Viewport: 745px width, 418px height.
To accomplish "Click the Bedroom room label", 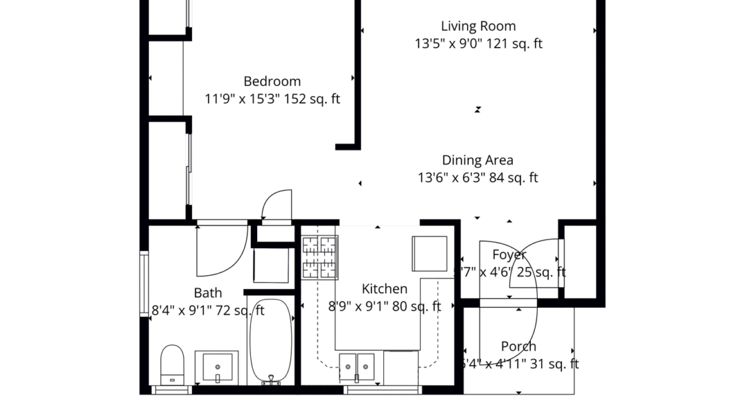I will click(x=272, y=82).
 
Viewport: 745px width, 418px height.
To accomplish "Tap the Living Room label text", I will click(x=478, y=27).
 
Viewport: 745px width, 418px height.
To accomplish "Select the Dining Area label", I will click(x=477, y=160).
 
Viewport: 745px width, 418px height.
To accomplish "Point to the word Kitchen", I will click(x=385, y=289).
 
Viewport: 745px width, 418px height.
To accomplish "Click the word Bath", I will click(x=207, y=293).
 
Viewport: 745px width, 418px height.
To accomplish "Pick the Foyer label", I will click(x=509, y=255).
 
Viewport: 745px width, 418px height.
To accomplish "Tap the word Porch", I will click(x=518, y=347).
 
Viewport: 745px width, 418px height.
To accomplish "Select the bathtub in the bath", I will click(x=270, y=342).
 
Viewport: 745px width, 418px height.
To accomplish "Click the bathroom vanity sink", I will click(x=216, y=367).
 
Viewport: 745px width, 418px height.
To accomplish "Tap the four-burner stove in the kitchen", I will click(x=319, y=257).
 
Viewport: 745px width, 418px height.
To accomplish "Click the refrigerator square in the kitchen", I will click(x=430, y=254).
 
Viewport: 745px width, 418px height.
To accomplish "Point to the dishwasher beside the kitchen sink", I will click(x=401, y=368).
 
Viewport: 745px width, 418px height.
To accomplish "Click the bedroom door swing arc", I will click(x=276, y=205).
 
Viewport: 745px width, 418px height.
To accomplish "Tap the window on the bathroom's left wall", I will click(x=144, y=282).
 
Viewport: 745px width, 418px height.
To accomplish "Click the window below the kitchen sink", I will click(x=381, y=390).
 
